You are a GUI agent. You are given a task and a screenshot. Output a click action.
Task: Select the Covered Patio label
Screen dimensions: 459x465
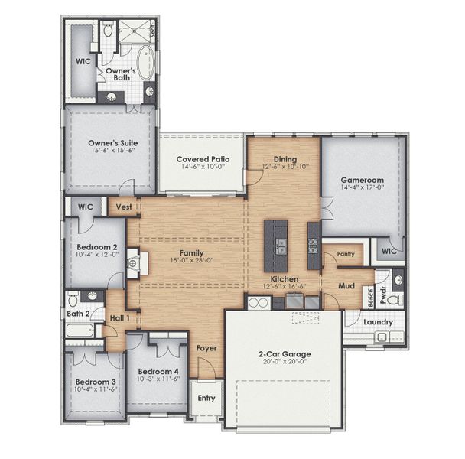pyautogui.click(x=202, y=158)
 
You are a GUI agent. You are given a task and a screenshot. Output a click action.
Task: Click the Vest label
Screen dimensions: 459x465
pyautogui.click(x=122, y=207)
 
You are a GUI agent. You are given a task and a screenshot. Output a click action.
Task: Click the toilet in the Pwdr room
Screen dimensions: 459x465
pyautogui.click(x=395, y=295)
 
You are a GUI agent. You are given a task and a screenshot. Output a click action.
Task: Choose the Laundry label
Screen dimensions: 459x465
pyautogui.click(x=379, y=322)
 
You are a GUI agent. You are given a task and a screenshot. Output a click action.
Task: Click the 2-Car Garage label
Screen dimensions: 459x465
pyautogui.click(x=282, y=355)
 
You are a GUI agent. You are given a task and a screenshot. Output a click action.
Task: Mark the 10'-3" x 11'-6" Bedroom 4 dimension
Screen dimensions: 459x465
pyautogui.click(x=158, y=379)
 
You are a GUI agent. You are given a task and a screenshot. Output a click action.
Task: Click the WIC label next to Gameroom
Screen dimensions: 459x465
pyautogui.click(x=389, y=251)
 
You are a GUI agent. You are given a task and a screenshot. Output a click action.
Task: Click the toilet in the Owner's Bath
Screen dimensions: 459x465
pyautogui.click(x=109, y=31)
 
